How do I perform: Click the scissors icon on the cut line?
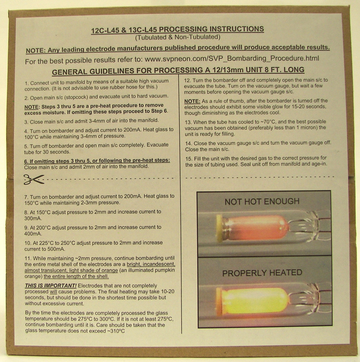[x=34, y=179]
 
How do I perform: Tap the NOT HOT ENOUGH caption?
[x=262, y=201]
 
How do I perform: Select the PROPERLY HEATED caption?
[x=262, y=273]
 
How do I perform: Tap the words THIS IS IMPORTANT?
[x=51, y=286]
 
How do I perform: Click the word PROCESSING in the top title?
[x=182, y=30]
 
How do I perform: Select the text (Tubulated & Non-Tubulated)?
[x=178, y=37]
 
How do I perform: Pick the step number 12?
[x=187, y=80]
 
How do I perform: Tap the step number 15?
[x=189, y=159]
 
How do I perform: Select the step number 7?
[x=26, y=197]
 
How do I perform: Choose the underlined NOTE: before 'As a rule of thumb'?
[x=192, y=101]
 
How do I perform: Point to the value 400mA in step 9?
[x=33, y=233]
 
